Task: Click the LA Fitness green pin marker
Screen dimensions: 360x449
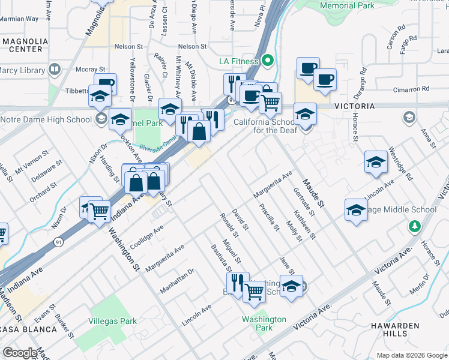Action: tap(269, 61)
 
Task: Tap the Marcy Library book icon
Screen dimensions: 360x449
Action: tap(55, 70)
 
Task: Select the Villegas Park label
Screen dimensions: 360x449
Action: tap(113, 321)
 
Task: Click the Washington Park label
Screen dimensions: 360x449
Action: tap(264, 323)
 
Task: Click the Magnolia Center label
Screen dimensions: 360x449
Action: tap(25, 46)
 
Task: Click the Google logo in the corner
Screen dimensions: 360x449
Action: tap(20, 353)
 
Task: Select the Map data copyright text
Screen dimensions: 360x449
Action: tap(412, 355)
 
